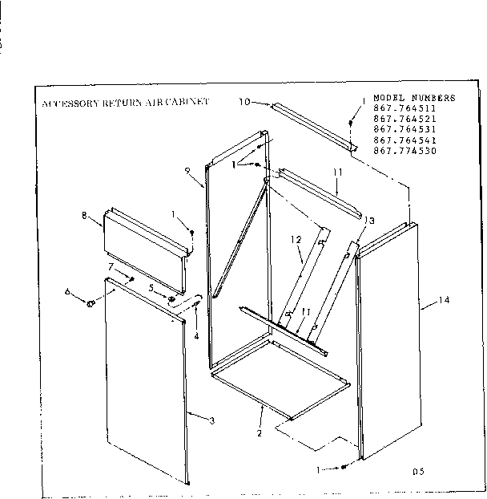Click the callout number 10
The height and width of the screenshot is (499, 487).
coord(244,102)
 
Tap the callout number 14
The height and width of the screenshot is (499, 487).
coord(445,301)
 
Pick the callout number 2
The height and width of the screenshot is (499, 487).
coord(260,434)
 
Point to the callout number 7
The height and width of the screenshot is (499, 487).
coord(111,265)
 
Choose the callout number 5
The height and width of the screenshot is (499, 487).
coord(150,287)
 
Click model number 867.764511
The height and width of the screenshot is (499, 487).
coord(405,108)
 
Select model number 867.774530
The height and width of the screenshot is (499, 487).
coord(405,150)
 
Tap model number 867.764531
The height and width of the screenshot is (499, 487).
coord(405,128)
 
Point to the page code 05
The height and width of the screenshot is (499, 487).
coord(418,472)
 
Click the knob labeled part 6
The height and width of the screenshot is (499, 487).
coord(91,304)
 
